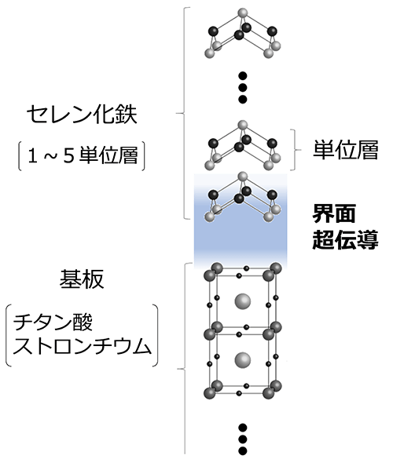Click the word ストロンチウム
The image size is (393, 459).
pyautogui.click(x=82, y=346)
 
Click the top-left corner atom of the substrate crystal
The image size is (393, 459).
pyautogui.click(x=211, y=275)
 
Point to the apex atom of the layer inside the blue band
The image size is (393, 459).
pyautogui.click(x=242, y=176)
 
